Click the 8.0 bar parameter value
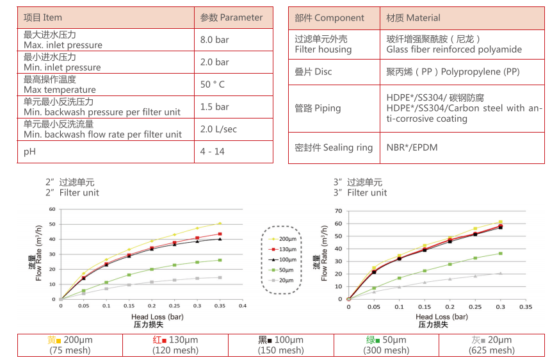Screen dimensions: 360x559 [x=214, y=40]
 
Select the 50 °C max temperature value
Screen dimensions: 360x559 [x=213, y=85]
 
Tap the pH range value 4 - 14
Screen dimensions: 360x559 [x=212, y=152]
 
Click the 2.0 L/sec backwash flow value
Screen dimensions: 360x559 [x=218, y=129]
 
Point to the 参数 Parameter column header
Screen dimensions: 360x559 [x=231, y=18]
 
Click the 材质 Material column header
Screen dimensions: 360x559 [x=413, y=18]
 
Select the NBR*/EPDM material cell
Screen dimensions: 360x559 [x=412, y=147]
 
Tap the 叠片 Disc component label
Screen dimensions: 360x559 [x=313, y=72]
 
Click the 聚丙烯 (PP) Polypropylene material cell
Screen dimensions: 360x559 [x=452, y=72]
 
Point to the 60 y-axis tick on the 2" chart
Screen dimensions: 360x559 [x=53, y=209]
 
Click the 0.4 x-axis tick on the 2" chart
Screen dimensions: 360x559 [x=242, y=306]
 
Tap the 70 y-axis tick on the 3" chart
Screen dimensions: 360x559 [x=340, y=211]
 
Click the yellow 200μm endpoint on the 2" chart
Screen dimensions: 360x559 [x=220, y=224]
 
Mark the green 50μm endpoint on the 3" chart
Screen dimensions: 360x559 [x=500, y=254]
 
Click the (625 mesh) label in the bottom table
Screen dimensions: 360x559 [x=491, y=350]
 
